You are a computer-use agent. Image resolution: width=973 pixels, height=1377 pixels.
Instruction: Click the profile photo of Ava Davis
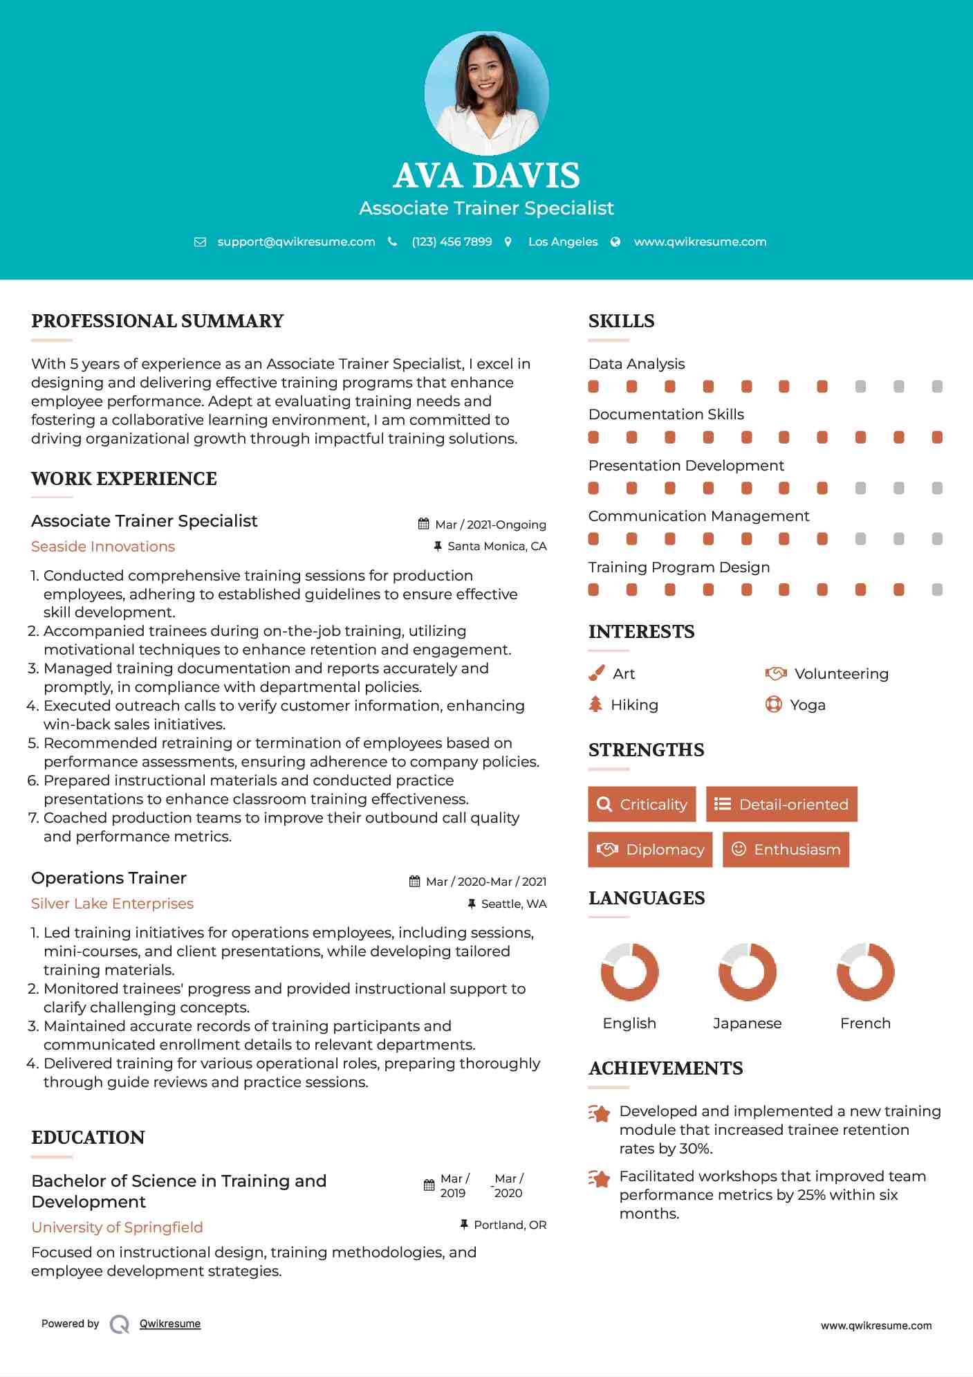tap(486, 93)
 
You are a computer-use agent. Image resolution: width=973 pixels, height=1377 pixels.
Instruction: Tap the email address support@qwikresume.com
tap(296, 241)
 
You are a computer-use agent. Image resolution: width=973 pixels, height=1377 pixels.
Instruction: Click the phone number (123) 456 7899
tap(452, 241)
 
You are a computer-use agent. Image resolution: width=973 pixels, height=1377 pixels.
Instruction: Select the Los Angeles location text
tap(563, 241)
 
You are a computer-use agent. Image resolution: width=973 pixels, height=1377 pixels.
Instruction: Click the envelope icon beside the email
tap(200, 242)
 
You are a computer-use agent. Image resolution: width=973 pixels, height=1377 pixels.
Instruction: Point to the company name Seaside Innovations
tap(103, 547)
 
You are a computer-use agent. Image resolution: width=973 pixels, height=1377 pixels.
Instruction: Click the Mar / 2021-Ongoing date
tap(490, 525)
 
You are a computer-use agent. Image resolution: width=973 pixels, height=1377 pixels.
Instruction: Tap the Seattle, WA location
tap(513, 904)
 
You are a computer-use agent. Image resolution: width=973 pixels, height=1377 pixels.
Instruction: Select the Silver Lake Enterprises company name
tap(112, 904)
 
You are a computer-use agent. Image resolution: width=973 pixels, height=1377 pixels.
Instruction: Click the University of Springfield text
tap(117, 1227)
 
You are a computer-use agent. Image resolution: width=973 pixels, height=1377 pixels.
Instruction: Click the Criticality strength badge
tap(642, 804)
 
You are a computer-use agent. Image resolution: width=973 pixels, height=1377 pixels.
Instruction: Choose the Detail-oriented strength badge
tap(781, 804)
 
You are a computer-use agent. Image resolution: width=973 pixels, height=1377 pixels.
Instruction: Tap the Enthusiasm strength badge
tap(786, 849)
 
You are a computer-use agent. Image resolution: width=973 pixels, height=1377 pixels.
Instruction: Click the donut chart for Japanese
tap(748, 972)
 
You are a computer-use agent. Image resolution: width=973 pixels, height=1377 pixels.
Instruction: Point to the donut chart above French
tap(865, 972)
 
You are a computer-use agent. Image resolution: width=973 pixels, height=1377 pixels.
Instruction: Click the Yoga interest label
tap(807, 705)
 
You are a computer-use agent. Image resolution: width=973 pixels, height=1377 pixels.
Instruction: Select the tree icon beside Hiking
tap(595, 704)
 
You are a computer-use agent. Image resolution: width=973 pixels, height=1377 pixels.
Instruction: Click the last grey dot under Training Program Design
tap(937, 590)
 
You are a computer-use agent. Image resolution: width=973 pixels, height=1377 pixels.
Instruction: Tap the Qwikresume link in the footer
tap(170, 1324)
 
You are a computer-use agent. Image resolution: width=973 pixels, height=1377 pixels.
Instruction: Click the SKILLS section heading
tap(621, 321)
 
